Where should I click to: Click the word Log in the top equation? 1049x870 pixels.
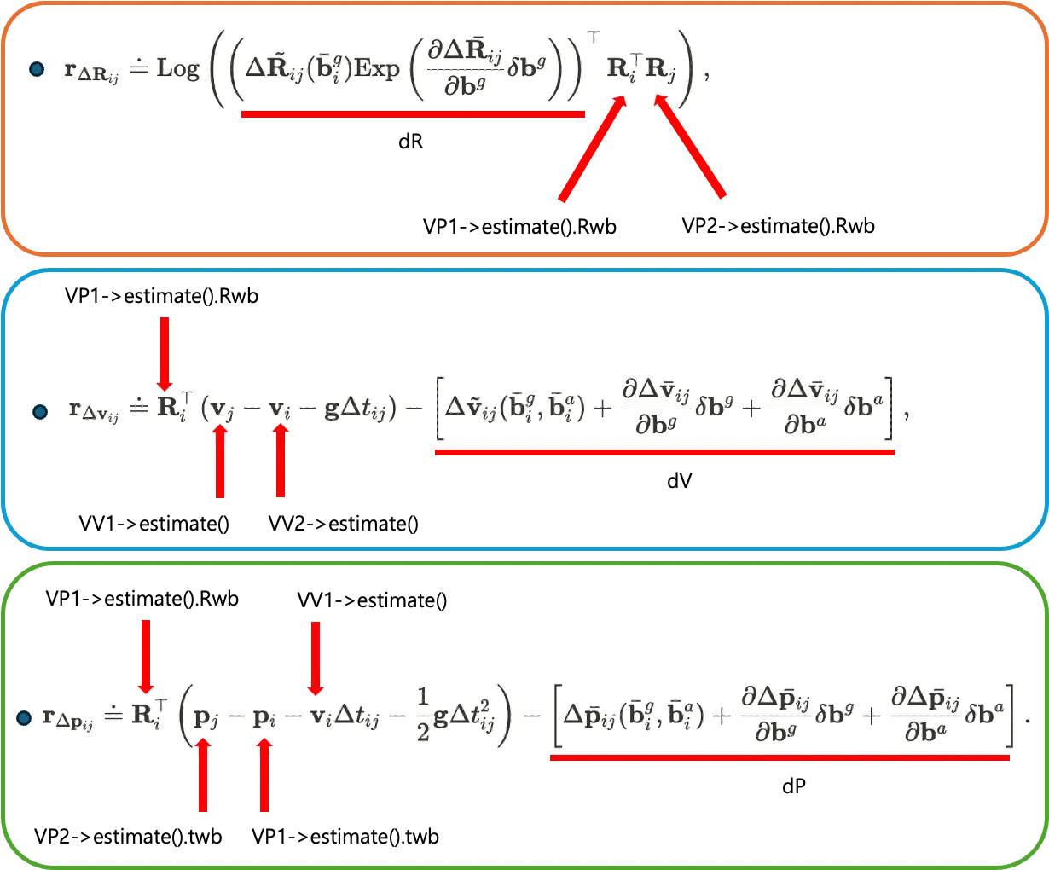[x=177, y=68]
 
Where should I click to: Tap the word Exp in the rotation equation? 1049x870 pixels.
[x=376, y=68]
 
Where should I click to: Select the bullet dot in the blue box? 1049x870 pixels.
[x=39, y=412]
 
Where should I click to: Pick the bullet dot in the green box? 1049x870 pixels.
[x=25, y=718]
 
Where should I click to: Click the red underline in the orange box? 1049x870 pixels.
[x=413, y=113]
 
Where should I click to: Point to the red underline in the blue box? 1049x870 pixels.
[x=665, y=452]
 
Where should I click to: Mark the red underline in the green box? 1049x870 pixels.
[x=780, y=757]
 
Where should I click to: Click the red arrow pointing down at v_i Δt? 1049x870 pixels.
[x=315, y=657]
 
